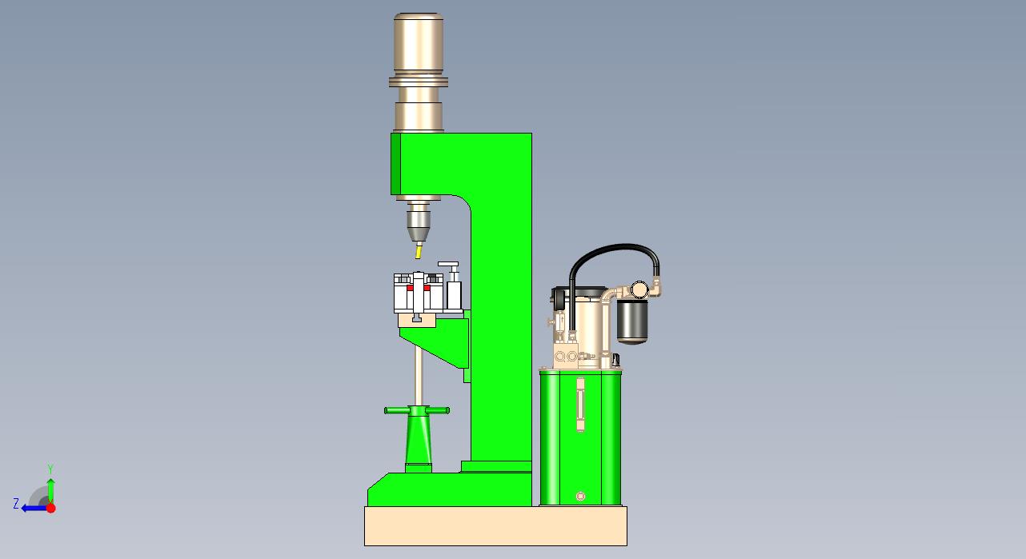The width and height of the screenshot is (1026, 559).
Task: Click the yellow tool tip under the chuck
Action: [x=419, y=252]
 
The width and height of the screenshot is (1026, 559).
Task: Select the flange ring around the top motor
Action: [x=419, y=82]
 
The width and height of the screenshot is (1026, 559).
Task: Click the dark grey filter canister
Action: [x=632, y=321]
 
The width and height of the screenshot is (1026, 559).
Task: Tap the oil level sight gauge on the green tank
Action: [x=580, y=405]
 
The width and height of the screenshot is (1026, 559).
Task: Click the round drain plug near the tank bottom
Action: [x=580, y=497]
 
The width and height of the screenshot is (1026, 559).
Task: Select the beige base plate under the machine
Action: [x=495, y=526]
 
